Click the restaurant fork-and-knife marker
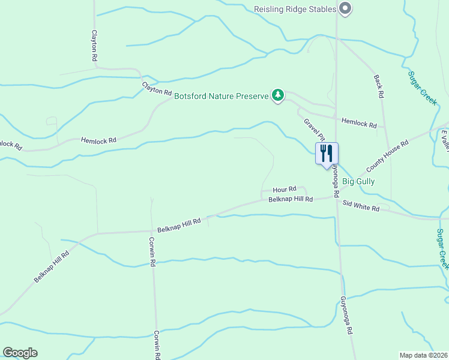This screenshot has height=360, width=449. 327,154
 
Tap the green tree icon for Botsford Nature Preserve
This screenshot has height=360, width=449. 277,95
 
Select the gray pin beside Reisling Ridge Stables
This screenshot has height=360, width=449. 345,8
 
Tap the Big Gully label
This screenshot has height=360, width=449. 358,181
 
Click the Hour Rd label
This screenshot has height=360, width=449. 285,188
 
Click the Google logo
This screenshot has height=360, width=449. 20,353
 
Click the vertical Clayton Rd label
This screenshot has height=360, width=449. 94,46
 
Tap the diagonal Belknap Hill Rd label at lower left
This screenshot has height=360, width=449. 52,267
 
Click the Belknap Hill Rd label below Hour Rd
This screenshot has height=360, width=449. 291,199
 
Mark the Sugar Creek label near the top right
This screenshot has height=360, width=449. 422,88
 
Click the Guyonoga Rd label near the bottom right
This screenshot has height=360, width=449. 346,315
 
